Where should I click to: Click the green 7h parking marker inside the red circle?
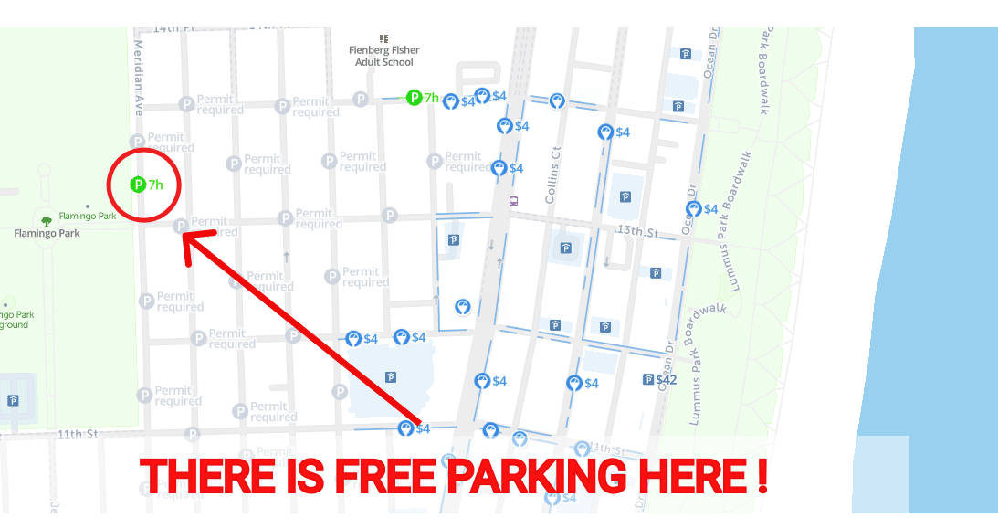[x=139, y=185]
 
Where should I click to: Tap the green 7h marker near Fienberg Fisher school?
[x=415, y=97]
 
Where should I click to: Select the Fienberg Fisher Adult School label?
[x=383, y=56]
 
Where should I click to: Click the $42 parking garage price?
[x=667, y=379]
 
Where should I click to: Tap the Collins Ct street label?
[x=552, y=174]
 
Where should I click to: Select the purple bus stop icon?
[x=513, y=201]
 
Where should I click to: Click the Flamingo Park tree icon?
[x=47, y=220]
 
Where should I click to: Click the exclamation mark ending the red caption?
[x=762, y=476]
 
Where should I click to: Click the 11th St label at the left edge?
[x=78, y=433]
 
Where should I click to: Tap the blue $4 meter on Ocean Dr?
[x=694, y=209]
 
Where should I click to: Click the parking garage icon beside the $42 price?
[x=648, y=379]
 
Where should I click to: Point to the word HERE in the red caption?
[x=692, y=476]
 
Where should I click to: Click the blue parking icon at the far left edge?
[x=13, y=400]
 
